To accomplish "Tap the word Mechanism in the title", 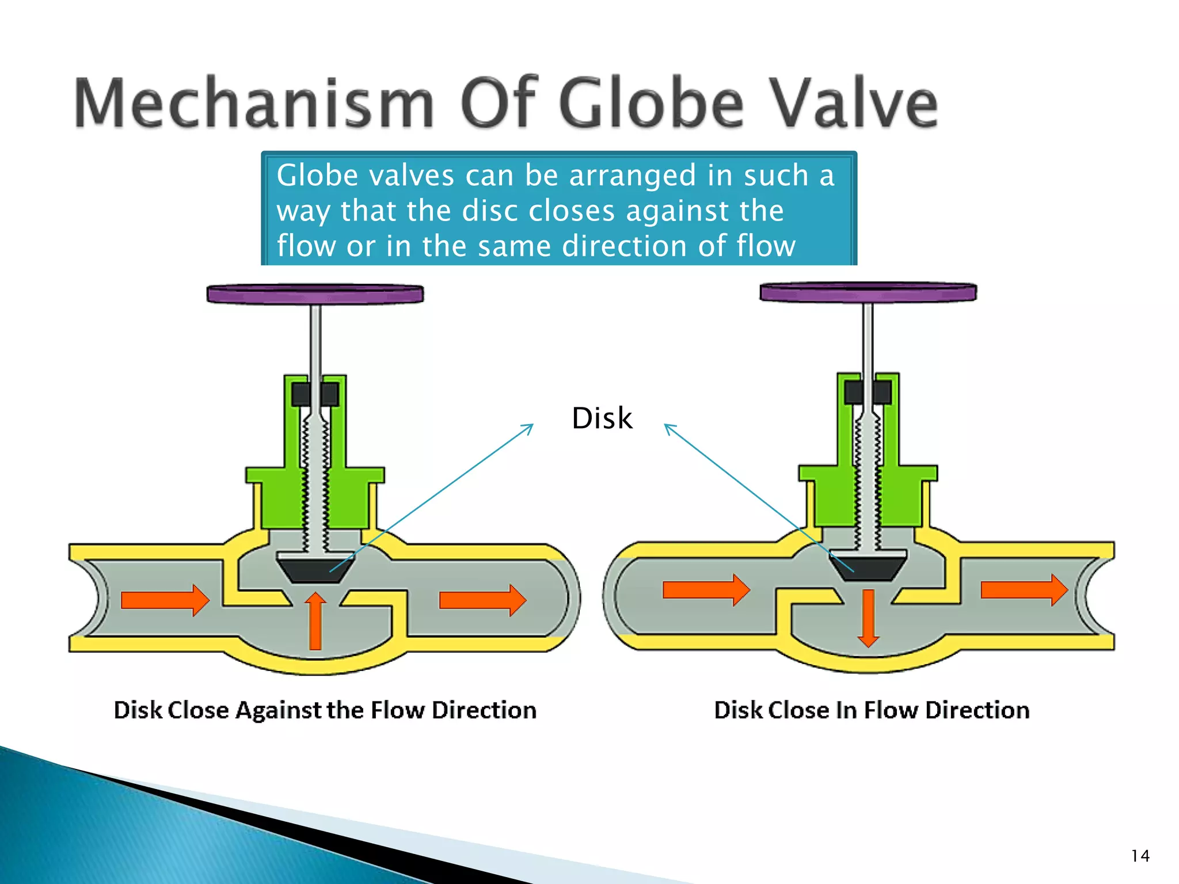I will [254, 104].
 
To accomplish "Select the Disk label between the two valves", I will [602, 418].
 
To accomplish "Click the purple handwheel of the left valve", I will [315, 294].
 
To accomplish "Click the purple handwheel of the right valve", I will [868, 292].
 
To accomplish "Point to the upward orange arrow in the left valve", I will [315, 622].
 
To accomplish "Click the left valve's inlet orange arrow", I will [165, 600].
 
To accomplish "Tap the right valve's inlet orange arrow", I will [706, 590].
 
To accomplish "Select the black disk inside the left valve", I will [315, 570].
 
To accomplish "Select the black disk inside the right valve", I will [868, 567].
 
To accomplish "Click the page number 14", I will [1140, 856].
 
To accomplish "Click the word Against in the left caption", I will [279, 710].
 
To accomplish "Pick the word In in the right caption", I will [846, 710].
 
